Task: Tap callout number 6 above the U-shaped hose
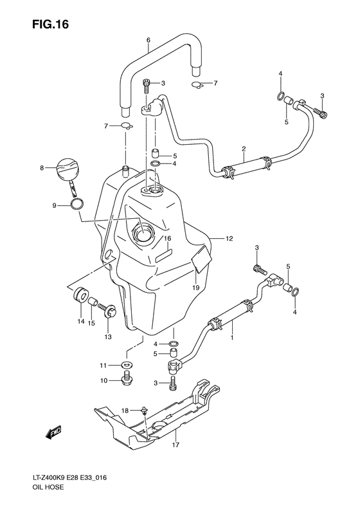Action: click(148, 41)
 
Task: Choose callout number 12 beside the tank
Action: click(228, 239)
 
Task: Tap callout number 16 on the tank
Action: click(166, 239)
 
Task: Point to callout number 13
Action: click(107, 336)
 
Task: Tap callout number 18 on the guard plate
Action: click(127, 410)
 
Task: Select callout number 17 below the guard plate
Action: click(175, 445)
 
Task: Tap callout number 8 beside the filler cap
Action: click(42, 169)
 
